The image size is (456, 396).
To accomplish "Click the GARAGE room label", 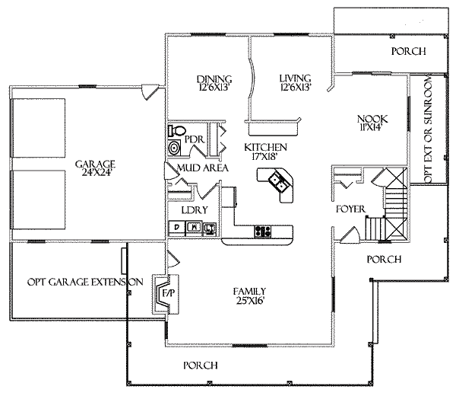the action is tap(95, 164).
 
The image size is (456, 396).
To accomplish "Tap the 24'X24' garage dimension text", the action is tap(95, 173).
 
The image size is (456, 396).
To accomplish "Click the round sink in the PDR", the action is tap(175, 148).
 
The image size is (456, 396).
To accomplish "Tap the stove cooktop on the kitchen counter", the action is tap(263, 232).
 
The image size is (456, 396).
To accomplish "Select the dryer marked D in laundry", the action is tap(177, 228).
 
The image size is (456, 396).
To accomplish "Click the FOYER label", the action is tap(350, 209).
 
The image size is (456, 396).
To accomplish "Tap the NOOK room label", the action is tap(372, 119).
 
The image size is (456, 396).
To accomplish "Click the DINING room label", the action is tap(214, 79).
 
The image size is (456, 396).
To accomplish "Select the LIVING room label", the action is tap(295, 78).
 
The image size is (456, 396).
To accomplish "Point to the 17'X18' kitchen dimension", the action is tap(263, 156).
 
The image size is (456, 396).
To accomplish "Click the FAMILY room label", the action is tap(249, 291).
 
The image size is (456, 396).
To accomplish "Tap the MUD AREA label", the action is tap(203, 168).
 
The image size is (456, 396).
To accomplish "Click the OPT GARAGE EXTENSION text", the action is tap(85, 282).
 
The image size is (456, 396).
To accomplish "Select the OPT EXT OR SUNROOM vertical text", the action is tap(429, 130).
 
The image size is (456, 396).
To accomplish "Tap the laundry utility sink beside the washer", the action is tap(210, 228).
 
